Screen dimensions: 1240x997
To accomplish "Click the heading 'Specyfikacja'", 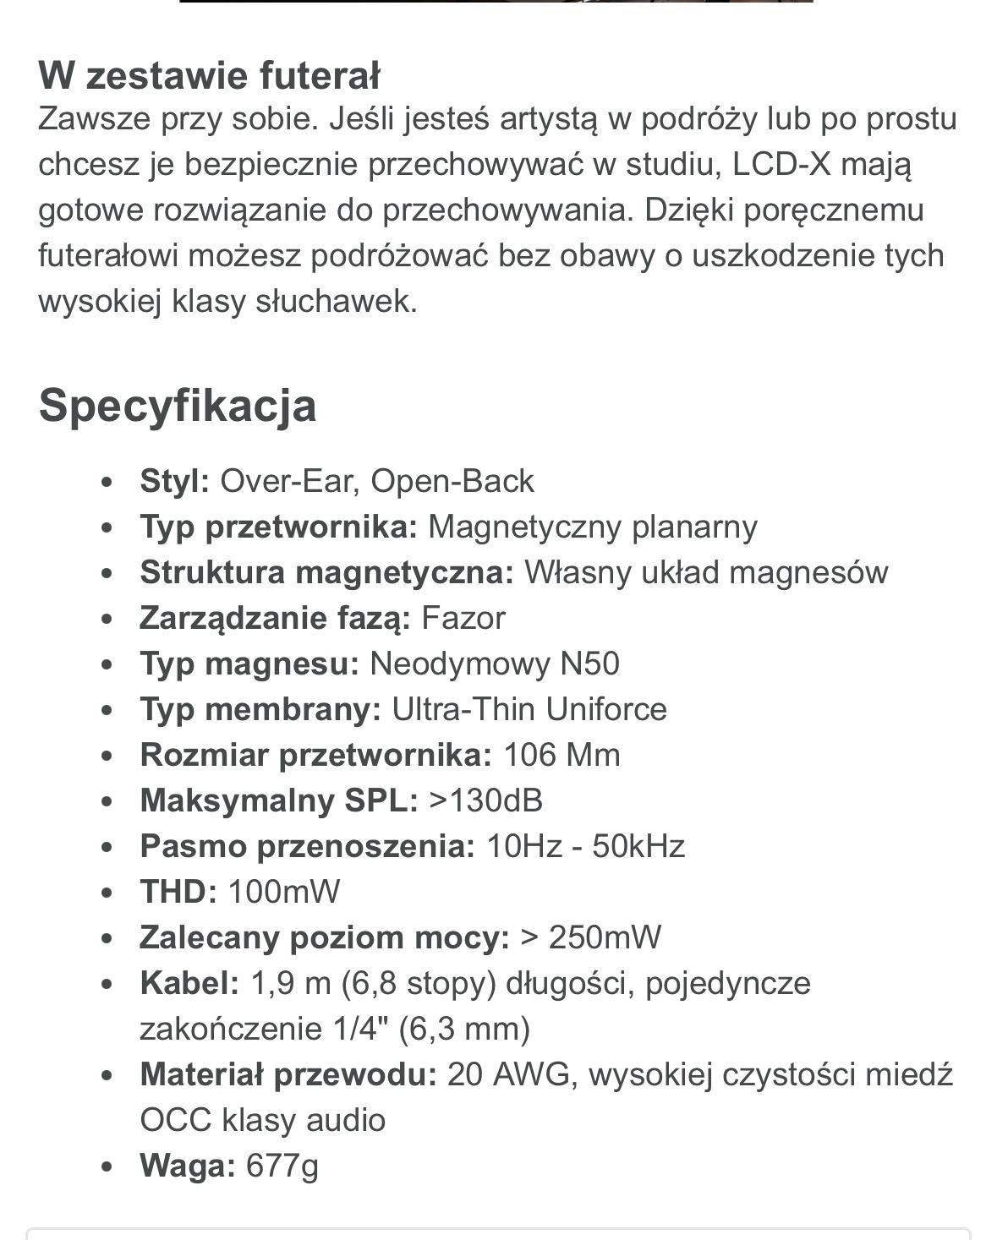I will (x=178, y=406).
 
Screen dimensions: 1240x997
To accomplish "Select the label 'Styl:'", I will (x=174, y=481).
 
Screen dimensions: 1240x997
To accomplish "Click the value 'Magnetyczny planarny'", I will (x=593, y=527).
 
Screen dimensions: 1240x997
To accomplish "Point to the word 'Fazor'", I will (x=463, y=618).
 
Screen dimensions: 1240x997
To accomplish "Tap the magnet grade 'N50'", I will (x=589, y=664).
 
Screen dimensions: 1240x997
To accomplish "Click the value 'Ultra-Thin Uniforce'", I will (x=529, y=709).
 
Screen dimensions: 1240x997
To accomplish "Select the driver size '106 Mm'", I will (x=561, y=755).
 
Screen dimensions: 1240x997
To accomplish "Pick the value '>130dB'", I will (x=485, y=800).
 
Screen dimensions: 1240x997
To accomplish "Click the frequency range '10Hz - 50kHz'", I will (x=585, y=846).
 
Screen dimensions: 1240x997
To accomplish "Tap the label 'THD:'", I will (x=178, y=892).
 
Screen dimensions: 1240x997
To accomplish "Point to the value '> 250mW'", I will (x=591, y=937).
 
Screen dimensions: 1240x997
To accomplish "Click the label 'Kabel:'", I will (x=189, y=983).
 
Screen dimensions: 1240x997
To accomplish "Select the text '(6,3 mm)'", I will (x=464, y=1029).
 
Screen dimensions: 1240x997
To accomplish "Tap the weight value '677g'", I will (x=282, y=1166).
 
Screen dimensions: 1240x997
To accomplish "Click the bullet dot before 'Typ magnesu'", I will (x=106, y=664).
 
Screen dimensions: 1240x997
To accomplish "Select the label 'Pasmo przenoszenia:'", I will (x=307, y=846).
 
